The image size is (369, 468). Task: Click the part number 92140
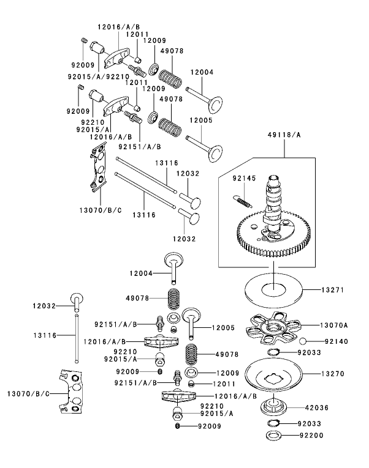pyautogui.click(x=335, y=342)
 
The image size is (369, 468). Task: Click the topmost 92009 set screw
pyautogui.click(x=83, y=40)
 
